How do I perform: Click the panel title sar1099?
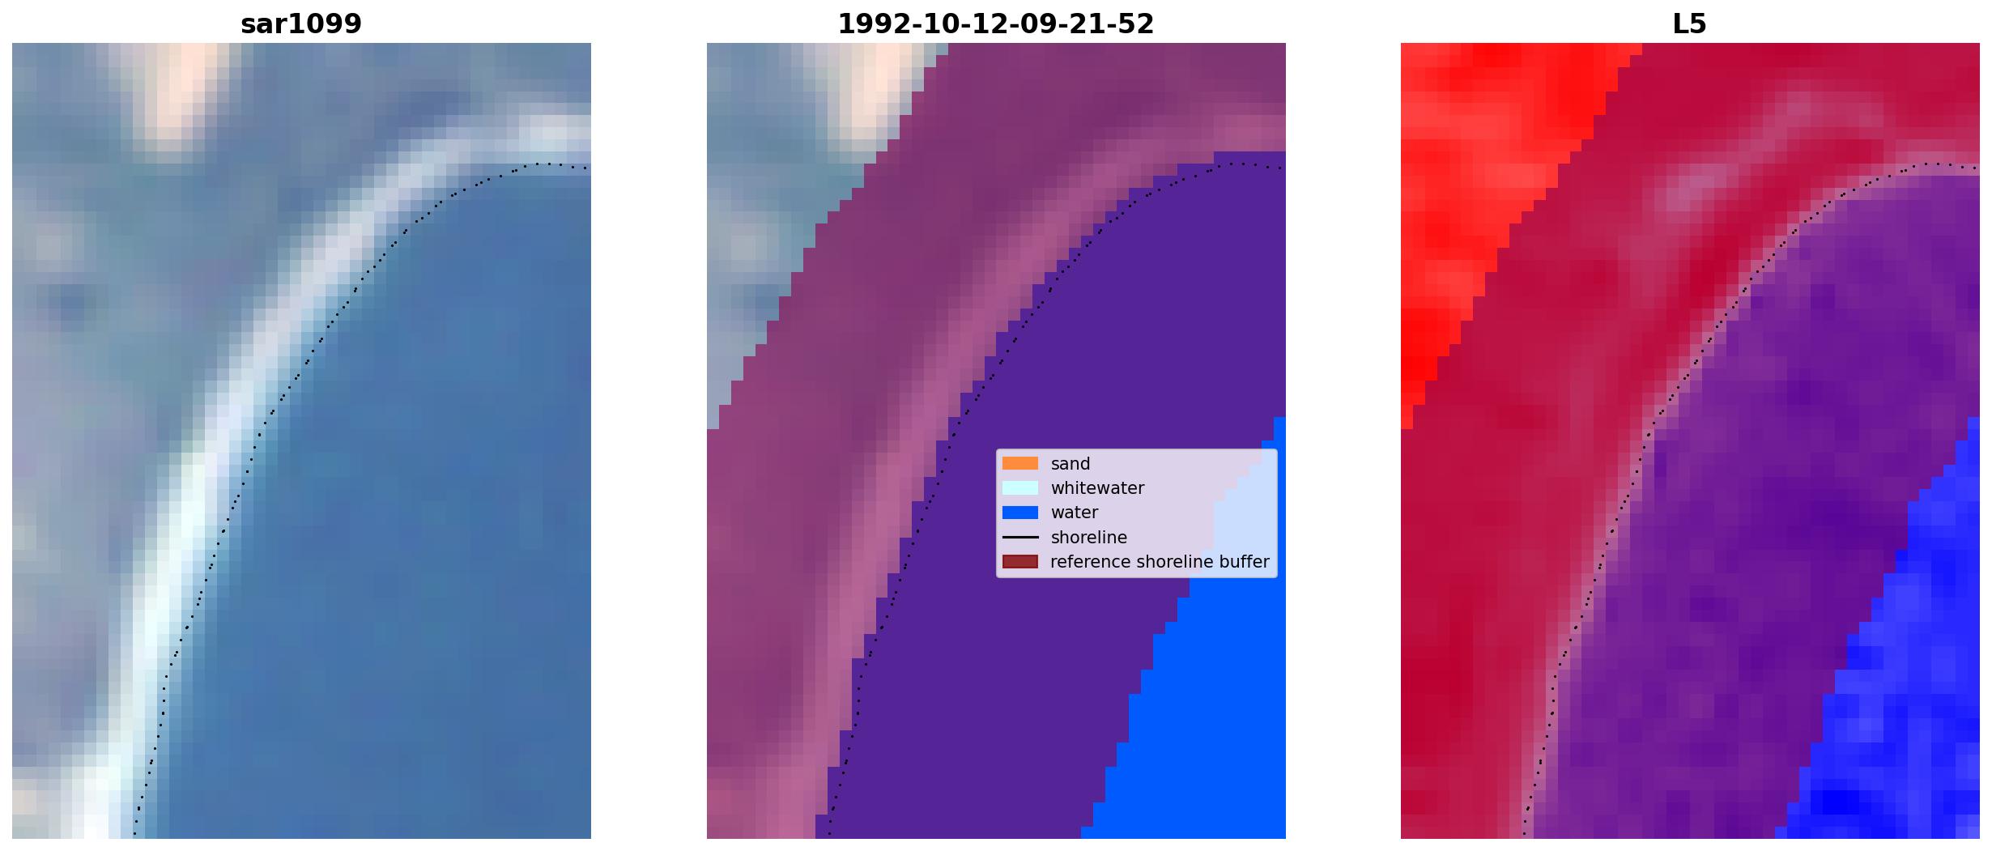[x=301, y=24]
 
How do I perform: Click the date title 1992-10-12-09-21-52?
[x=995, y=24]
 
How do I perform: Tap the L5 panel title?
[x=1689, y=24]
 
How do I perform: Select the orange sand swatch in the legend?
[x=1019, y=464]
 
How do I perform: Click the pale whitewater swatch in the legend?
[x=1019, y=488]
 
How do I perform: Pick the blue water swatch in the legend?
[x=1019, y=513]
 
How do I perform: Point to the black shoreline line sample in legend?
[x=1019, y=538]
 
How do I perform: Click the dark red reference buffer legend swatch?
[x=1019, y=562]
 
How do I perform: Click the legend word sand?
[x=1070, y=464]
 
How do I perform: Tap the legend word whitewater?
[x=1097, y=488]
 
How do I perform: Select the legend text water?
[x=1075, y=513]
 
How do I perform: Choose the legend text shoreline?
[x=1089, y=538]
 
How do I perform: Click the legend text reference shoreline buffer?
[x=1160, y=562]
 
